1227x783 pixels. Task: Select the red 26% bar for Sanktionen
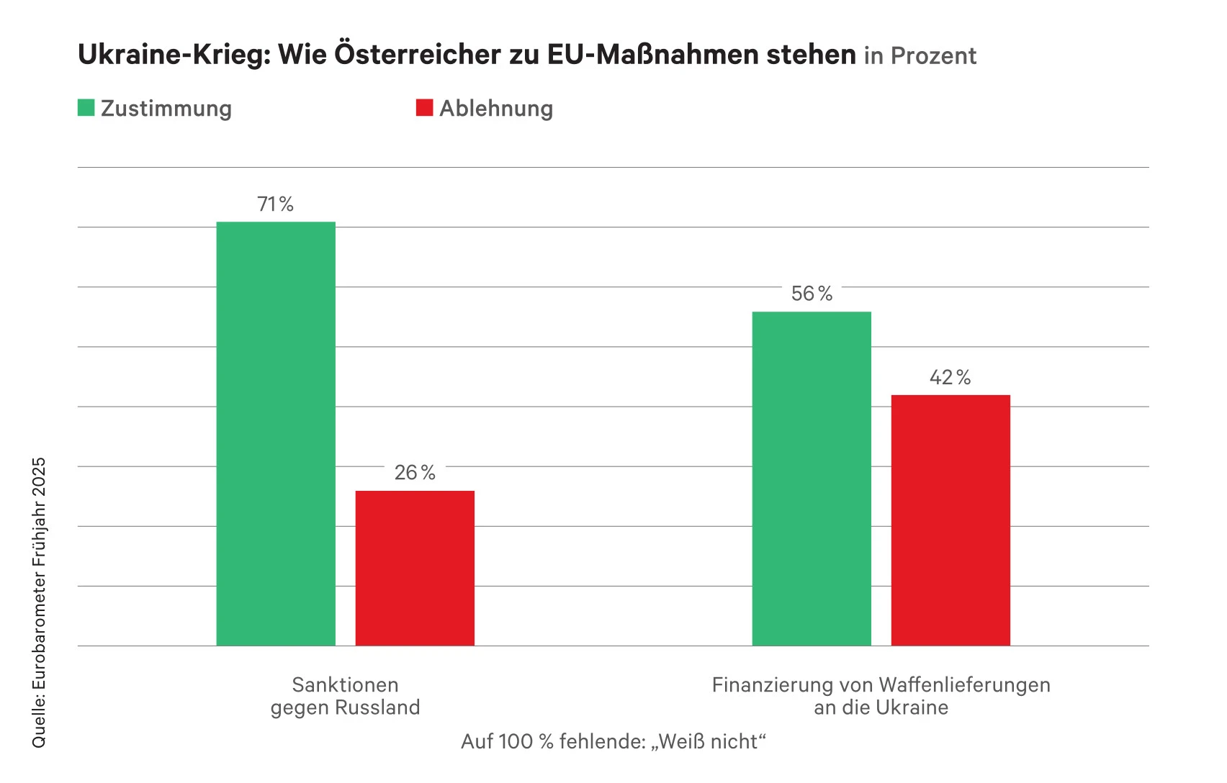[x=415, y=568]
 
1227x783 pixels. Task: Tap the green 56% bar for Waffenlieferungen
[x=812, y=479]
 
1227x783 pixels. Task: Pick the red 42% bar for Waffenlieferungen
[x=950, y=520]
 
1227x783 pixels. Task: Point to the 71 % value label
[x=276, y=204]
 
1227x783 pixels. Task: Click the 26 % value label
[x=415, y=473]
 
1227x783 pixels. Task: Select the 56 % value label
[x=812, y=294]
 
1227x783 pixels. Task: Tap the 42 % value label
[x=950, y=378]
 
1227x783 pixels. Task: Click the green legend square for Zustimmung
[x=86, y=108]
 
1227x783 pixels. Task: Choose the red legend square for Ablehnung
[x=425, y=108]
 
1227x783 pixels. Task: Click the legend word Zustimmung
[x=166, y=109]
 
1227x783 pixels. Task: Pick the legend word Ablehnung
[x=496, y=109]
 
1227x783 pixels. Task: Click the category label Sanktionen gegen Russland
[x=346, y=696]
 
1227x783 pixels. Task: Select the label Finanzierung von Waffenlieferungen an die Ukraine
[x=881, y=696]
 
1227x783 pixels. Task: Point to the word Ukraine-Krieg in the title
[x=174, y=55]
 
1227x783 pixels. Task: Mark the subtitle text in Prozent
[x=920, y=56]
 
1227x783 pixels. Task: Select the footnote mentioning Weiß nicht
[x=613, y=742]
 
